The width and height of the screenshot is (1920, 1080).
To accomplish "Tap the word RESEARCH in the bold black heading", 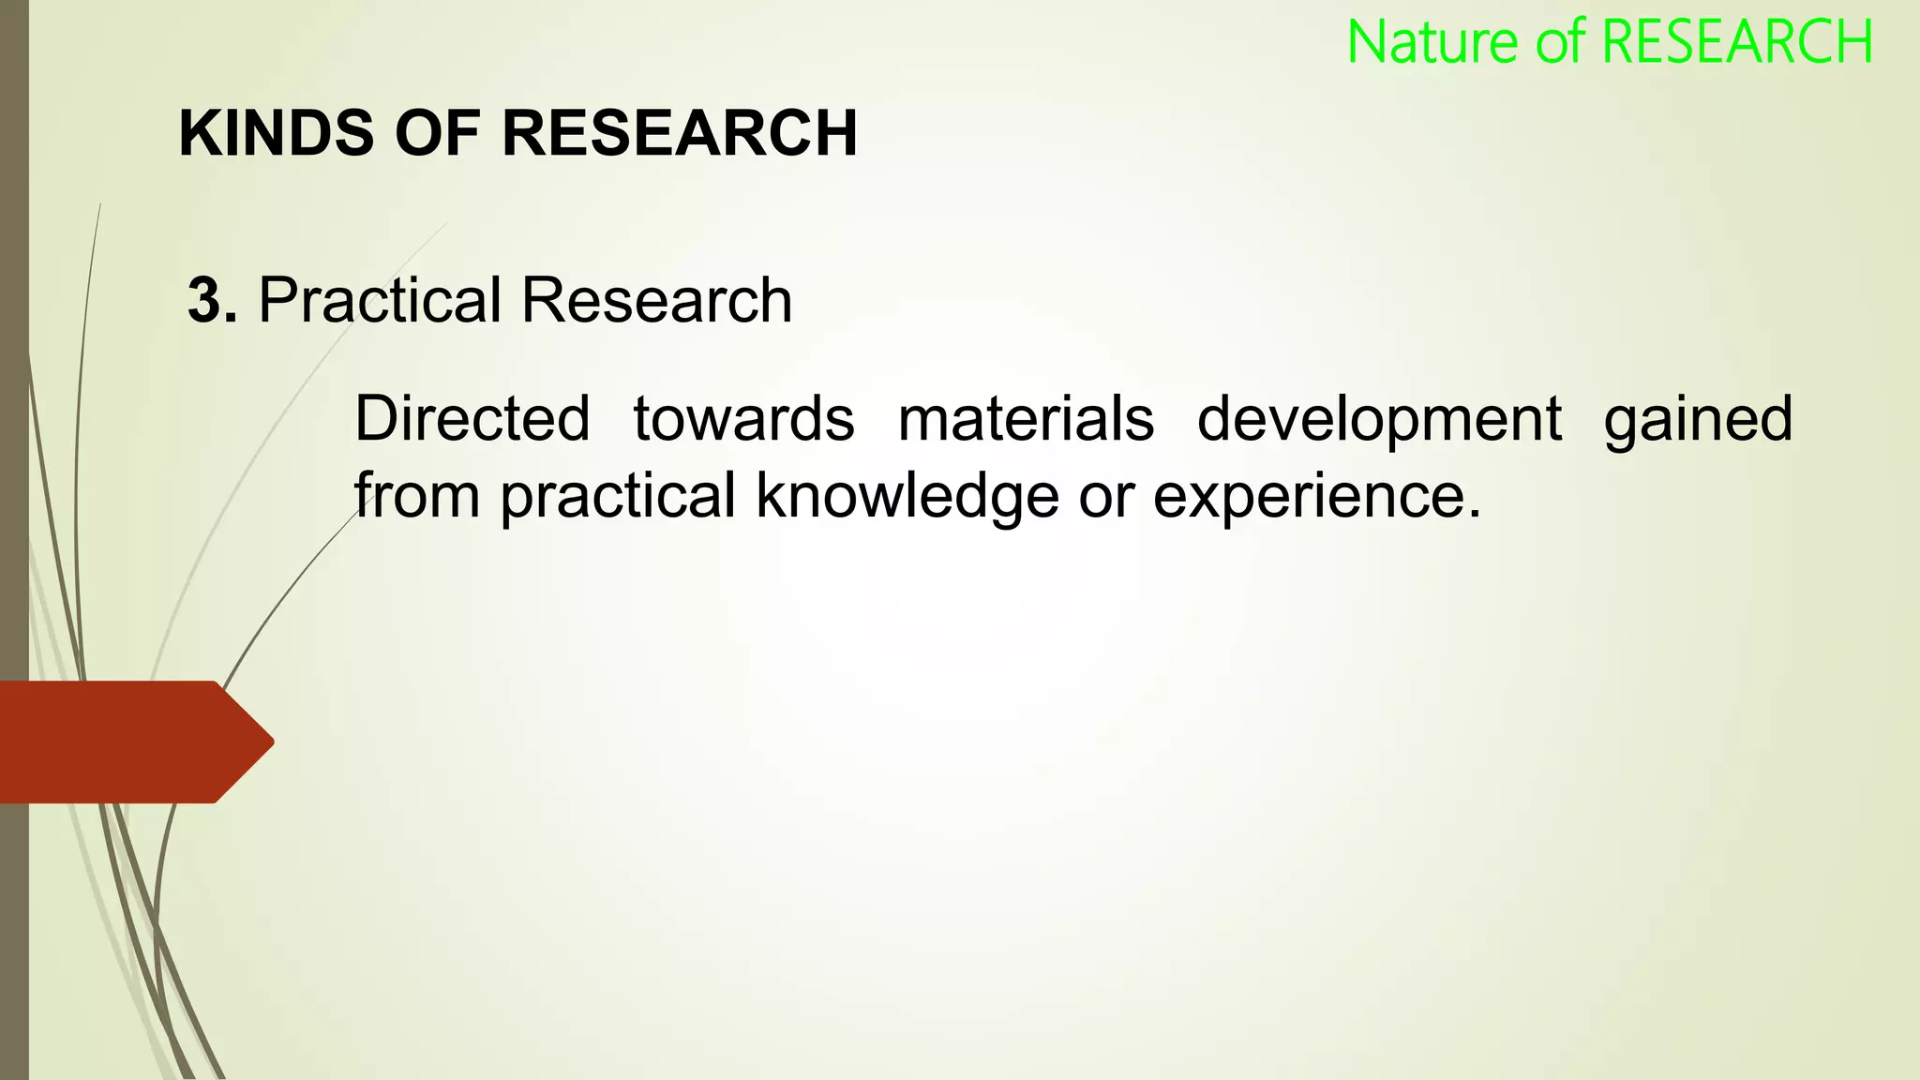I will (680, 133).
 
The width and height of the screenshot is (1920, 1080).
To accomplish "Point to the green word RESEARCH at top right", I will (1737, 43).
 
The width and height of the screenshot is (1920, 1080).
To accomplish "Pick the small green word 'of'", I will (1561, 43).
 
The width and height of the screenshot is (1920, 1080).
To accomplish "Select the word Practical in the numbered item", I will (381, 301).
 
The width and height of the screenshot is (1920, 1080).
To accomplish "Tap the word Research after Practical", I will (656, 301).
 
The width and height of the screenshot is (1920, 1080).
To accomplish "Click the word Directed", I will (472, 418).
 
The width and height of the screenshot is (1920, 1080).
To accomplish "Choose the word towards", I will (743, 418).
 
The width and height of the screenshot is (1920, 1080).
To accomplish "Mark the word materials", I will (1026, 418).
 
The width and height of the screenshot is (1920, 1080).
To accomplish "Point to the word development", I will (1379, 420).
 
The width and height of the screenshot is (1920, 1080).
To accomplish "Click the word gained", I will (1698, 420).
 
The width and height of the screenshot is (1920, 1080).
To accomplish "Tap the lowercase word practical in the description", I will (618, 497).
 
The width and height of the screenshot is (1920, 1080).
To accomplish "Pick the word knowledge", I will (907, 497).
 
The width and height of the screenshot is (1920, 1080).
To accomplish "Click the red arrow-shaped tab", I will (131, 742).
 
